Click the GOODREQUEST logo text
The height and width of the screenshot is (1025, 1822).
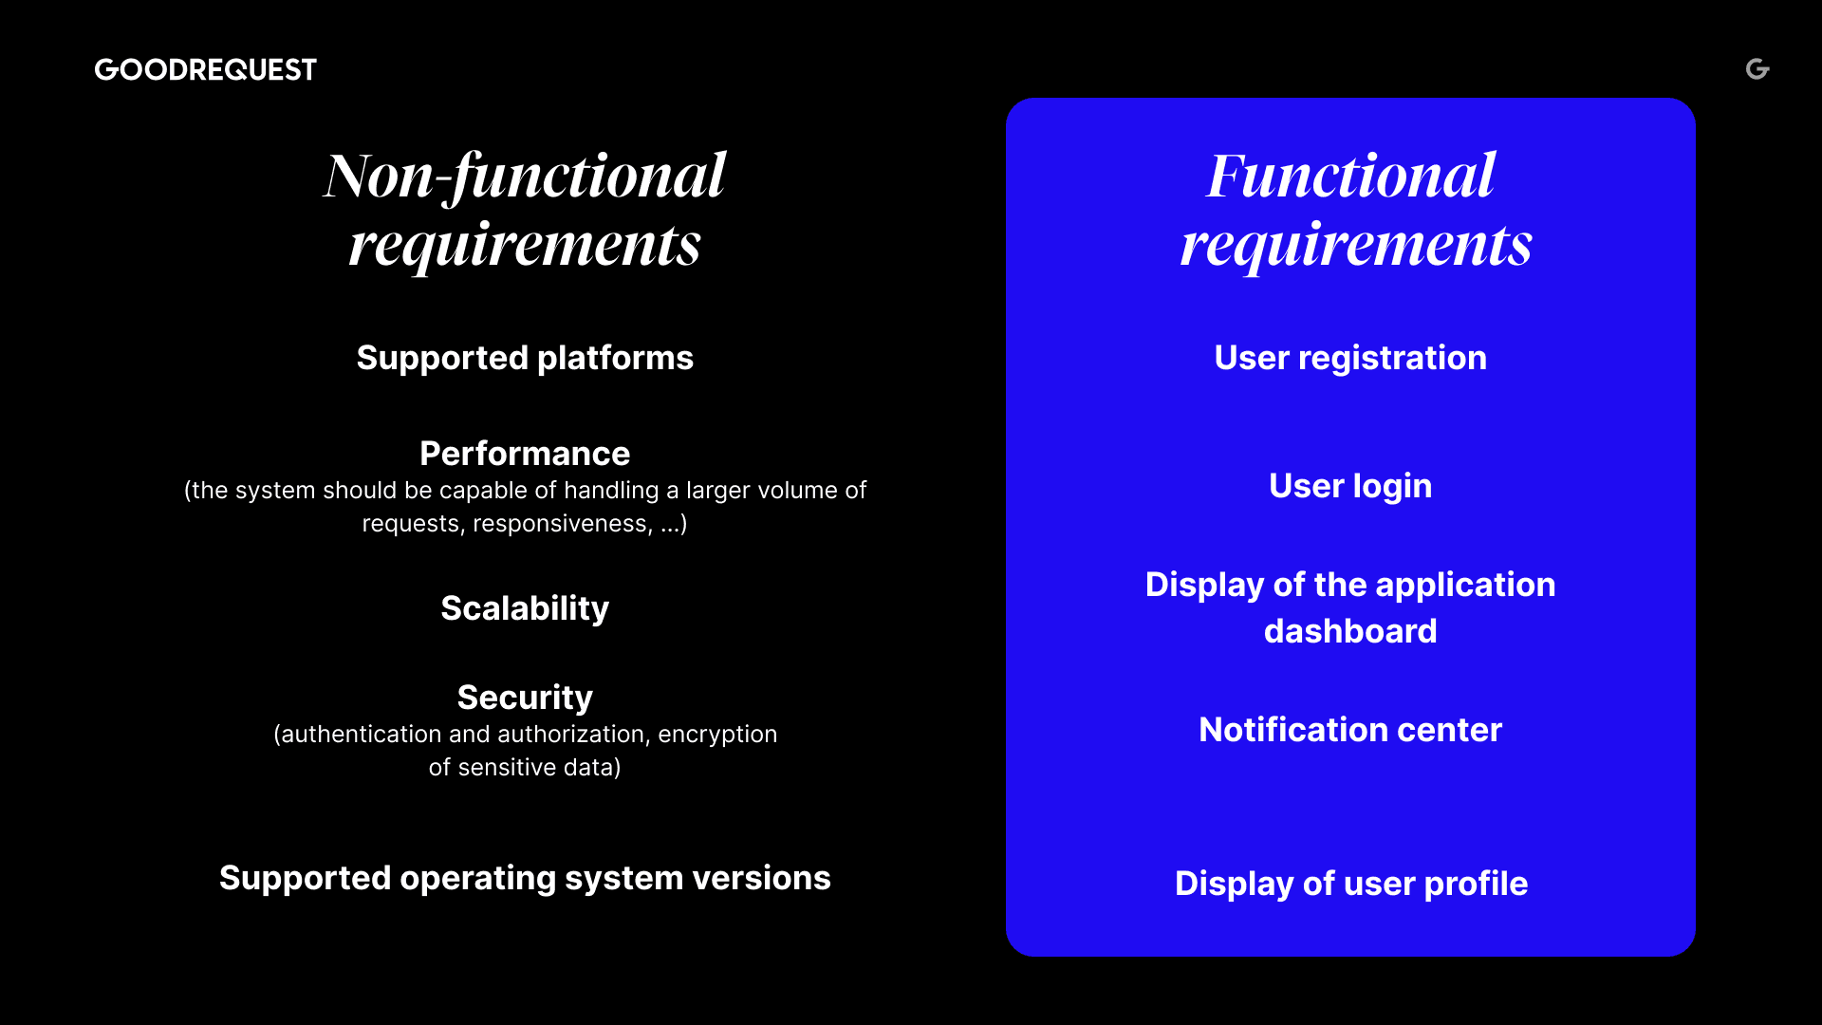pyautogui.click(x=205, y=69)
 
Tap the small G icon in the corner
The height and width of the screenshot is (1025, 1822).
pyautogui.click(x=1757, y=68)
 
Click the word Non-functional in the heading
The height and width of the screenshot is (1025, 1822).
pyautogui.click(x=525, y=176)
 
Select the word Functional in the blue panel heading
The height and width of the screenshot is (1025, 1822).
pyautogui.click(x=1350, y=176)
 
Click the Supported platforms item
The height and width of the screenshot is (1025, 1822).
pyautogui.click(x=525, y=358)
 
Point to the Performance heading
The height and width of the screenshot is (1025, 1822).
pyautogui.click(x=525, y=454)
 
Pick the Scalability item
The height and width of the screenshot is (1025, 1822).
pyautogui.click(x=525, y=608)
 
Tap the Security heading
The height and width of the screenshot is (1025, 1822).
pyautogui.click(x=525, y=698)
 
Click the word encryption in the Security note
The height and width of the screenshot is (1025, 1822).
pyautogui.click(x=717, y=735)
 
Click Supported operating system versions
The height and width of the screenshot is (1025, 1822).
pyautogui.click(x=525, y=878)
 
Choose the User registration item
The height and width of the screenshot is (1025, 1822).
pyautogui.click(x=1350, y=358)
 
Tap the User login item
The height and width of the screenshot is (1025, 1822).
pyautogui.click(x=1350, y=486)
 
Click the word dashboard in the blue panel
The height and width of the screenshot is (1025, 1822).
pyautogui.click(x=1350, y=631)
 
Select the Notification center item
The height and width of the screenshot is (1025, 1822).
pyautogui.click(x=1350, y=730)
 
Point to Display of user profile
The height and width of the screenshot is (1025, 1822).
pyautogui.click(x=1350, y=884)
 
